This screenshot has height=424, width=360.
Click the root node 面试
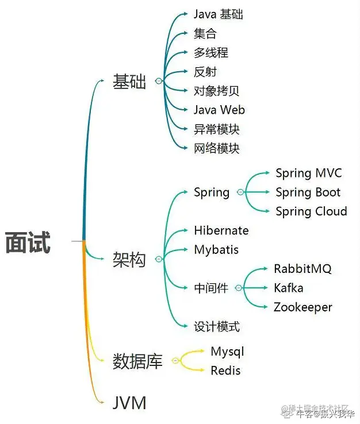(x=28, y=242)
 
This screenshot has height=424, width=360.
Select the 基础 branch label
(x=129, y=82)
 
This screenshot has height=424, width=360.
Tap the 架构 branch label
(x=129, y=260)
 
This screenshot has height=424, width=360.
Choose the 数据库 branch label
(x=138, y=361)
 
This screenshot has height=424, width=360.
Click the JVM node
(x=129, y=402)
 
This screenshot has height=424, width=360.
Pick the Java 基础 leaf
(x=219, y=14)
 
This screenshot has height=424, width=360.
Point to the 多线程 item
(x=211, y=52)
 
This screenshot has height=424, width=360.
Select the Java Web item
(x=219, y=109)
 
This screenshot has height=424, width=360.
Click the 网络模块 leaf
(x=216, y=148)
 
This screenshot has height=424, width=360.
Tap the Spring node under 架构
(x=212, y=192)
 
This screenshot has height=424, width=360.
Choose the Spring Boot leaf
(x=308, y=192)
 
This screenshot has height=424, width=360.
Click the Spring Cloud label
(x=311, y=211)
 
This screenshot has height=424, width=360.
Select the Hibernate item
(x=221, y=230)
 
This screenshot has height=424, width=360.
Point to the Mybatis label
(x=216, y=250)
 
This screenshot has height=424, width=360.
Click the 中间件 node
(x=211, y=288)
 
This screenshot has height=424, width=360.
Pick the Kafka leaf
(x=288, y=288)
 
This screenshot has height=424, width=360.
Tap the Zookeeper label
(x=302, y=307)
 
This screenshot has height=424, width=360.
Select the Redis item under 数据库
(x=225, y=371)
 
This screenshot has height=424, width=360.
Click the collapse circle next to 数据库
(x=176, y=361)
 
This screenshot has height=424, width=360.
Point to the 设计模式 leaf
(x=216, y=327)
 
